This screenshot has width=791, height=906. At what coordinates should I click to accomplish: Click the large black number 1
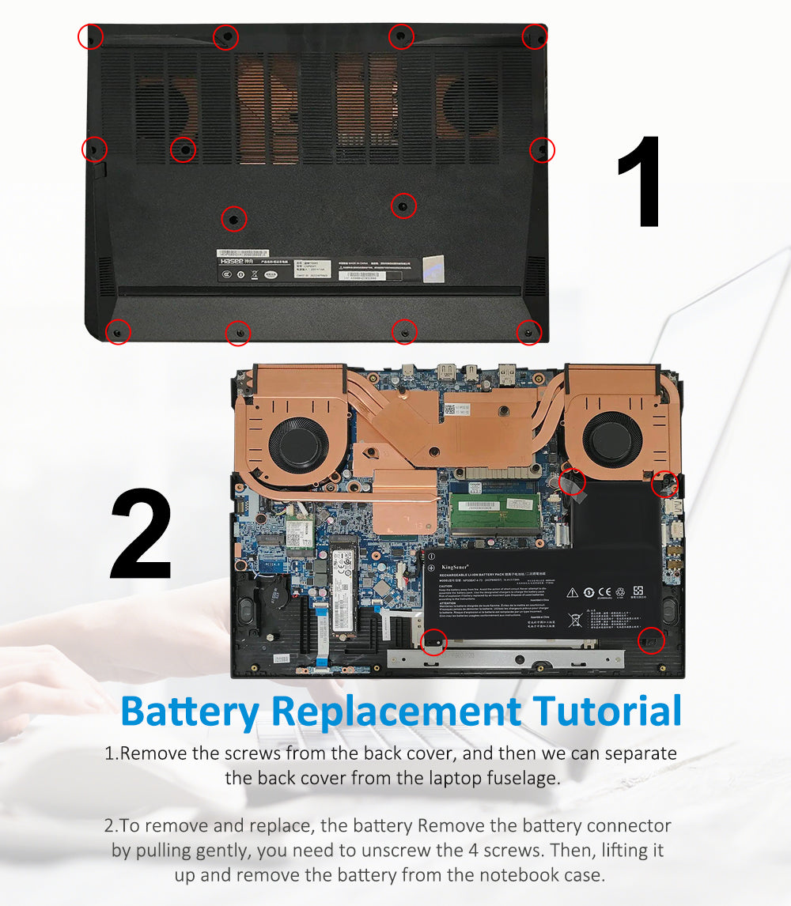pos(641,181)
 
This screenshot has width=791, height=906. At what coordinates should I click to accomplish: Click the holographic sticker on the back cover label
pos(433,268)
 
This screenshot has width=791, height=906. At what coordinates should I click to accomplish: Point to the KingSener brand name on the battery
pos(457,566)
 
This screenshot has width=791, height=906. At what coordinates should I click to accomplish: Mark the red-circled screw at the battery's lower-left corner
pos(433,641)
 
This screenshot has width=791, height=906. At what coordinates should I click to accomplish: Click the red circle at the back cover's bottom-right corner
pos(528,333)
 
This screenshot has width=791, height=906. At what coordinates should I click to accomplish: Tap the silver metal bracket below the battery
pos(506,656)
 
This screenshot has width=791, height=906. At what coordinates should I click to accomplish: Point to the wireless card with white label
pos(300,526)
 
